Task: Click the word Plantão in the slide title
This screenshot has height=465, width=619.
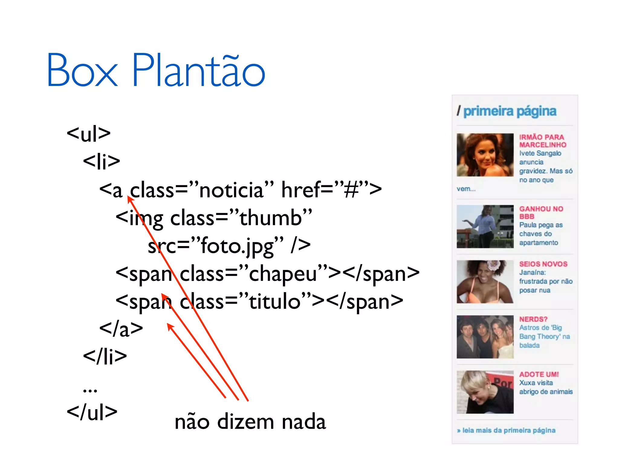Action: click(199, 70)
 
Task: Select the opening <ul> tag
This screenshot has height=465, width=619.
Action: click(89, 133)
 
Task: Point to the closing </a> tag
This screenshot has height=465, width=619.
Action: click(121, 329)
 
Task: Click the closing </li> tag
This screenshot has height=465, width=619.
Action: click(105, 356)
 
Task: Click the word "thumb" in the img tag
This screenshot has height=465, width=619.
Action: click(271, 218)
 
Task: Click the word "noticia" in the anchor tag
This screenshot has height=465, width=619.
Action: click(232, 190)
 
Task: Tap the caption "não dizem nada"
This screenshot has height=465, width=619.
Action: click(250, 421)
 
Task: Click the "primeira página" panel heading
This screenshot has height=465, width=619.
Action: click(510, 111)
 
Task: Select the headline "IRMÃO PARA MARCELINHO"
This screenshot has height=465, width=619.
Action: click(543, 141)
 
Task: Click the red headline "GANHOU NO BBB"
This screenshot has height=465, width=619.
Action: click(541, 213)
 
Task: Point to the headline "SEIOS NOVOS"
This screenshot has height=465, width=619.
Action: click(543, 264)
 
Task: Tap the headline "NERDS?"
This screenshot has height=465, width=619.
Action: click(533, 319)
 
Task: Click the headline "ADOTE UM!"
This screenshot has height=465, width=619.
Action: click(539, 374)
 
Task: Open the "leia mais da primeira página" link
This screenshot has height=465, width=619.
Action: click(509, 430)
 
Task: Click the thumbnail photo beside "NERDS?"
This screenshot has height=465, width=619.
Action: click(485, 337)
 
